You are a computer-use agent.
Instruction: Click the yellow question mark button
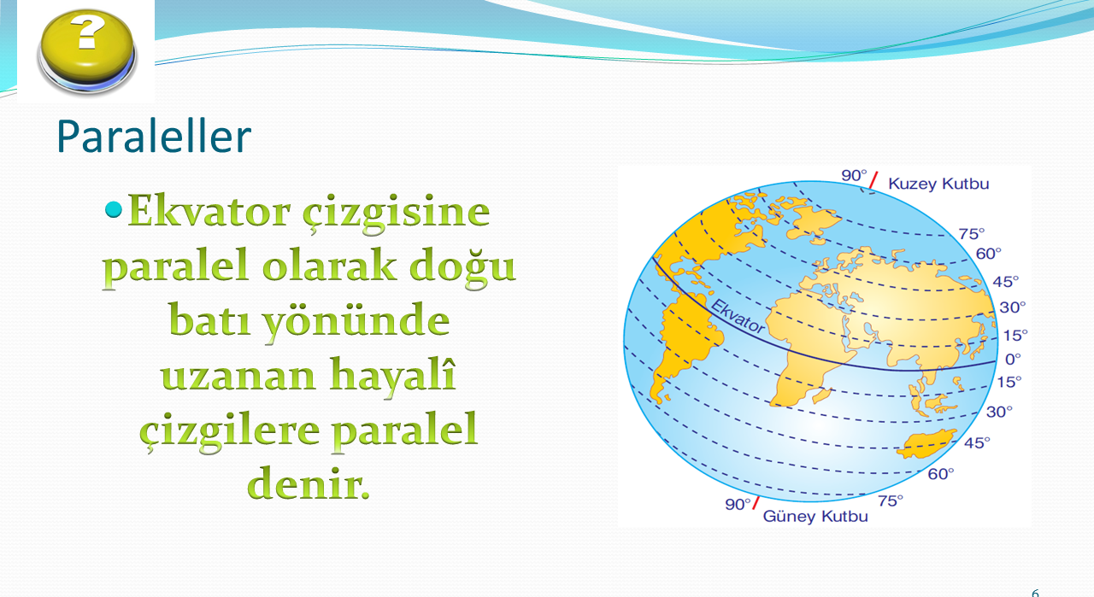coord(87,51)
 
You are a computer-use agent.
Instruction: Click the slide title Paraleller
coord(154,136)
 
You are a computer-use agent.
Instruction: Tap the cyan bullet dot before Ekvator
coord(114,209)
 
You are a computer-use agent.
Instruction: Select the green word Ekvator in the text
coord(209,211)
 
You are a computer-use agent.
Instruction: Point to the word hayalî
coord(392,375)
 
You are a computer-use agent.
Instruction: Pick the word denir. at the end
coord(309,483)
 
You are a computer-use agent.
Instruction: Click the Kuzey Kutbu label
coord(938,184)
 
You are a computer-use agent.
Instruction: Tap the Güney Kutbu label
coord(815,517)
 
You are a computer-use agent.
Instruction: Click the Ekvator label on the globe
coord(738,316)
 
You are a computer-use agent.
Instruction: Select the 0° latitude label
coord(1013,360)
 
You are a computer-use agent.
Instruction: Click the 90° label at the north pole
coord(854,175)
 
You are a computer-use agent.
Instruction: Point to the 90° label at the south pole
coord(738,504)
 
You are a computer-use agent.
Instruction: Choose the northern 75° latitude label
coord(972,234)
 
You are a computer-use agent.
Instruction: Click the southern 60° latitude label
coord(941,473)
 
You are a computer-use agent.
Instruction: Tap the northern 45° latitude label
coord(1006,282)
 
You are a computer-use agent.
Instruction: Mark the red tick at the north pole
coord(873,179)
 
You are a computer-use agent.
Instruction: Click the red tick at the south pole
coord(756,503)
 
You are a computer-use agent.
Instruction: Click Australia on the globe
coord(926,444)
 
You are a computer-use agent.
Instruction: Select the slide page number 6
coord(1035,593)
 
